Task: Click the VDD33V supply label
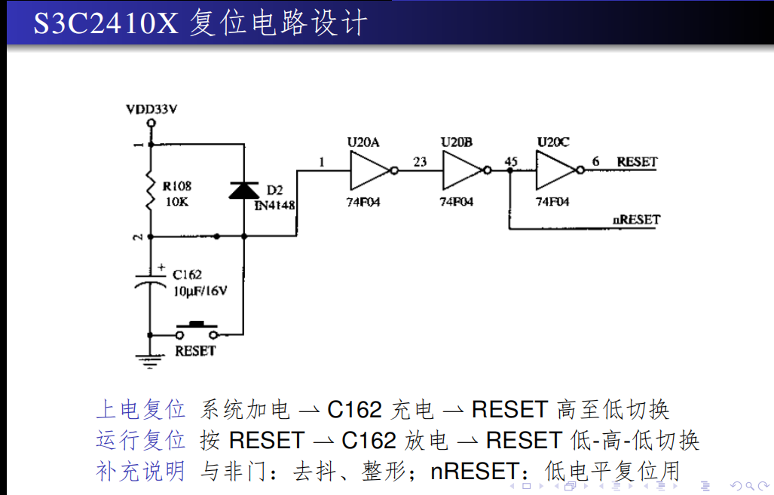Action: point(151,108)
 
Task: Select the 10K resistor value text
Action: point(176,203)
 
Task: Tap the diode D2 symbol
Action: point(243,190)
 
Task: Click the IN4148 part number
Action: point(274,205)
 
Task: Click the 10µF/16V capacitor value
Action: point(200,290)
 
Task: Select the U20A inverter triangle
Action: point(370,171)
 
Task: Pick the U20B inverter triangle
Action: point(463,171)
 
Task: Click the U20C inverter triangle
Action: point(556,171)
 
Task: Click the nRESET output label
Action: point(636,219)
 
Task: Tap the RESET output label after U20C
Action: point(637,161)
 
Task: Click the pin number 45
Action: point(511,161)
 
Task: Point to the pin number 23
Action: point(420,161)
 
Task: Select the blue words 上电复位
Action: point(140,410)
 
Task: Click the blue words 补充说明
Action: point(140,471)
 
